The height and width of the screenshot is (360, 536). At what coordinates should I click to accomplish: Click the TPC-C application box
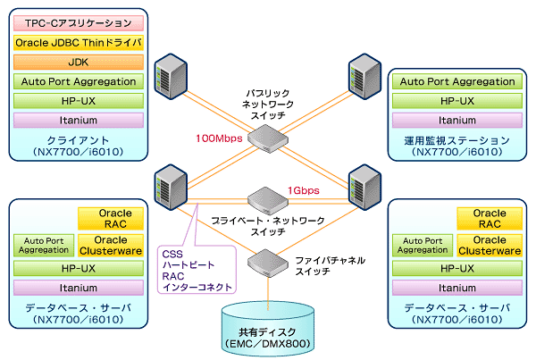[79, 23]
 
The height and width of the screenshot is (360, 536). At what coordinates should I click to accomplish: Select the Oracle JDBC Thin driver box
[79, 43]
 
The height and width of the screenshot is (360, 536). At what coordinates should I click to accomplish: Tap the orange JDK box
[79, 63]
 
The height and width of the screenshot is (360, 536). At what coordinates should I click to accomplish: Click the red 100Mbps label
[219, 138]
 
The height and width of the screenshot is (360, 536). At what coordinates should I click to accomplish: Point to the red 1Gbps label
[304, 190]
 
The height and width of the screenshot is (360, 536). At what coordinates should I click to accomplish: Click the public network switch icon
[268, 138]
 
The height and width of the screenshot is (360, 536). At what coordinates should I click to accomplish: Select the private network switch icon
[268, 201]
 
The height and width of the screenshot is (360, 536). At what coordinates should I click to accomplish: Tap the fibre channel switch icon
[268, 264]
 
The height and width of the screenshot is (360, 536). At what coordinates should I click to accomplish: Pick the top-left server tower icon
[171, 77]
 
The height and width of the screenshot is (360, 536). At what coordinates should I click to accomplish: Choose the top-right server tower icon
[364, 77]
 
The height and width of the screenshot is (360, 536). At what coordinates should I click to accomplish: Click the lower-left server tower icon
[171, 188]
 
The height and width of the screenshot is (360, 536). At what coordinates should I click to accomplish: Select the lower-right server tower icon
[364, 188]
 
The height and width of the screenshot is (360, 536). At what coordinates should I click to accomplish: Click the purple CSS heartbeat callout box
[197, 270]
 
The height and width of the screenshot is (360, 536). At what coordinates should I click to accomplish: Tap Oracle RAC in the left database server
[111, 219]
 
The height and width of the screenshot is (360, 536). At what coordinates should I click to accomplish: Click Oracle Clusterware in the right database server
[490, 246]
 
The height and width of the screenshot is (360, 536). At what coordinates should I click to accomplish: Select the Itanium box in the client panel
[79, 121]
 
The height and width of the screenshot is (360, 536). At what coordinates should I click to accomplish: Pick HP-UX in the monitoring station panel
[457, 101]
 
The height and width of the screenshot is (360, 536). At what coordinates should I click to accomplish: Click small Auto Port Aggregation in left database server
[44, 246]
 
